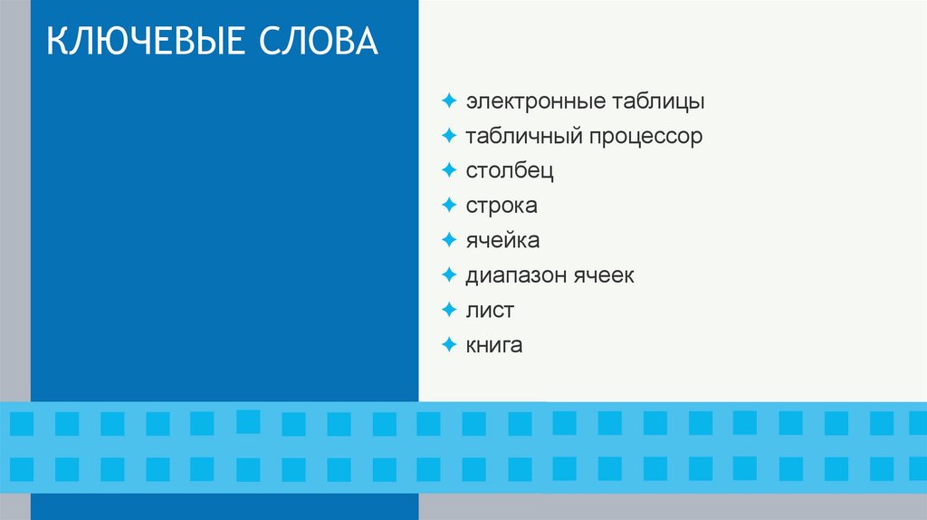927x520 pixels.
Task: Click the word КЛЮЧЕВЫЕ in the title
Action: tap(145, 43)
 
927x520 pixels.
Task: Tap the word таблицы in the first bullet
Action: tap(654, 101)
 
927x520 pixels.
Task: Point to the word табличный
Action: tap(524, 137)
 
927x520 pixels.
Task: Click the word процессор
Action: tap(647, 137)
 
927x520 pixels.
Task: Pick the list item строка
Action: tap(502, 206)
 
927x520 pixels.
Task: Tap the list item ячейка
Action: tap(502, 241)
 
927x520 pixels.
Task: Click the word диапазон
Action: tap(515, 275)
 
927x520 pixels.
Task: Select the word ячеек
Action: tap(603, 275)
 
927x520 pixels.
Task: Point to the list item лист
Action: tap(490, 310)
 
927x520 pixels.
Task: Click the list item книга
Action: tap(494, 345)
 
